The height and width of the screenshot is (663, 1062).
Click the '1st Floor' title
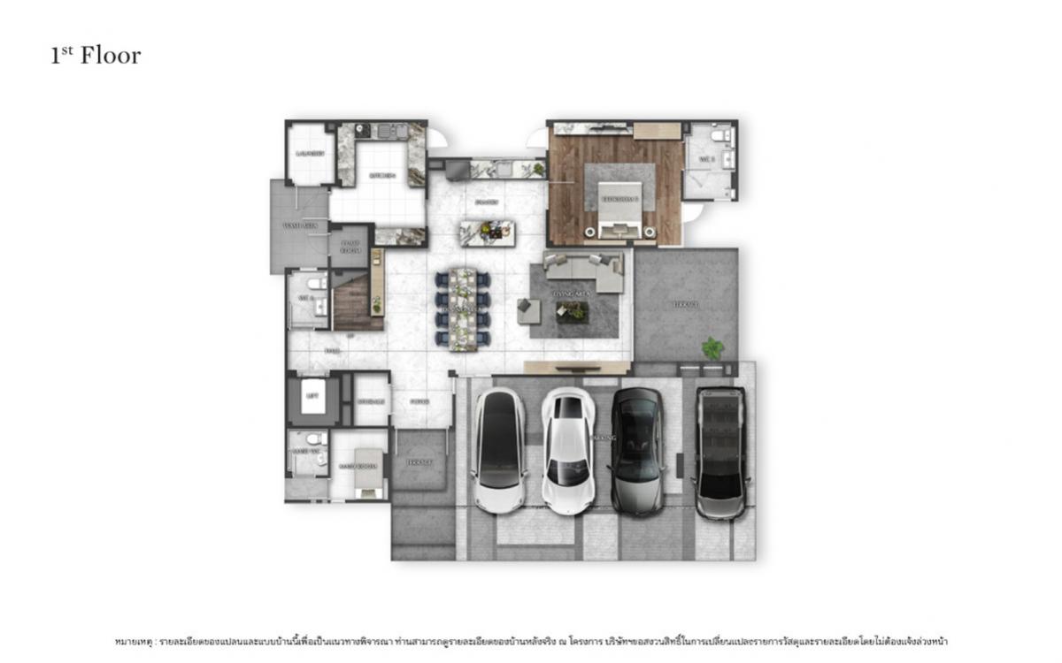[96, 56]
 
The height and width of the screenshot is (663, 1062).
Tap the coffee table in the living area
[573, 310]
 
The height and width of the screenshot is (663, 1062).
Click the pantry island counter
[487, 232]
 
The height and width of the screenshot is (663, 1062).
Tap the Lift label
[312, 397]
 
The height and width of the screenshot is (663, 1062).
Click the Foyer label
[420, 401]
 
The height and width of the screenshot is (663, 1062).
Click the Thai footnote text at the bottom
[531, 640]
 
